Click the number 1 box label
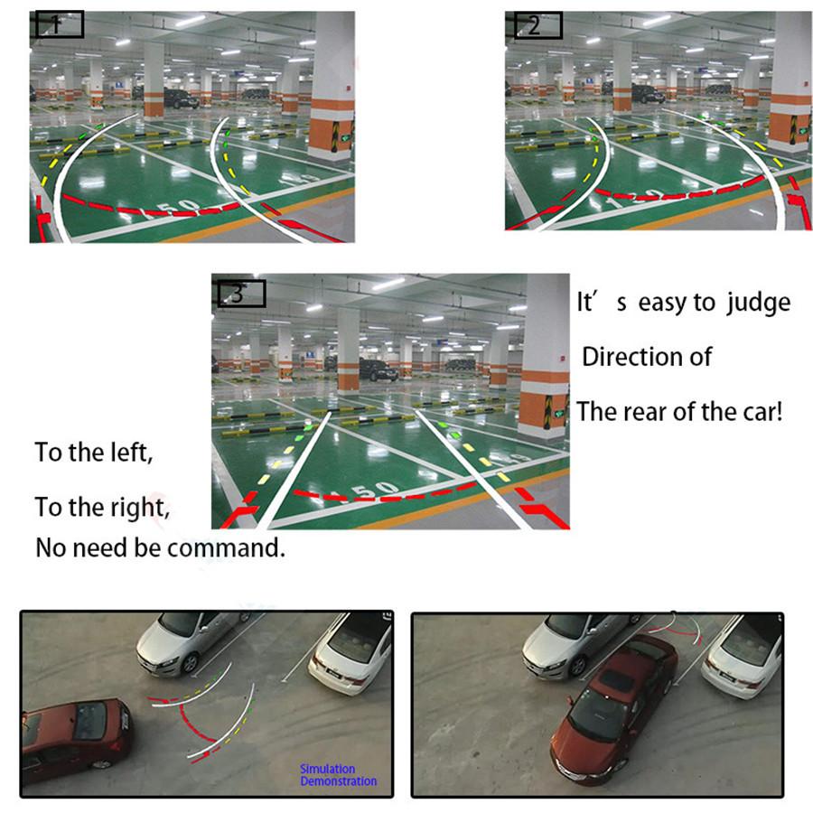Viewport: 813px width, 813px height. point(59,25)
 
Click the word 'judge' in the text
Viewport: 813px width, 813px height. point(757,302)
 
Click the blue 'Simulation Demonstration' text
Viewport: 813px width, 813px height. point(337,774)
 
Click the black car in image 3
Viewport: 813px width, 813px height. point(378,369)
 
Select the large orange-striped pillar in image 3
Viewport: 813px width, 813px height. point(545,361)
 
